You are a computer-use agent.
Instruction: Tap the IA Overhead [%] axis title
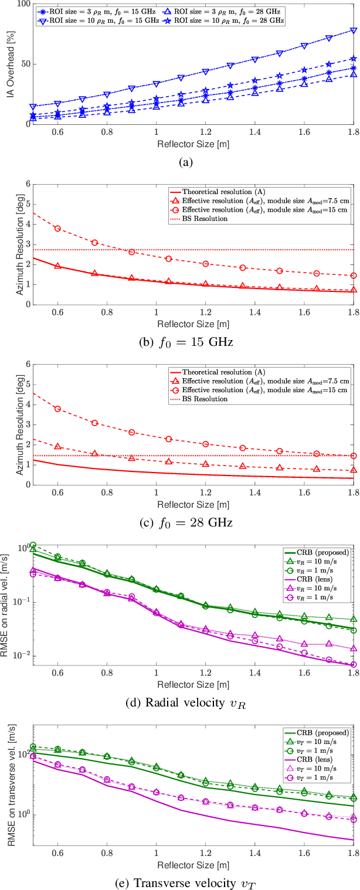click(10, 63)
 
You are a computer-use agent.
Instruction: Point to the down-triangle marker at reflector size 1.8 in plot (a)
click(353, 30)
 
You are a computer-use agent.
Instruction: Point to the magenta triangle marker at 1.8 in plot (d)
click(353, 649)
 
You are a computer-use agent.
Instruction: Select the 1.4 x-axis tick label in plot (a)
click(254, 133)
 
